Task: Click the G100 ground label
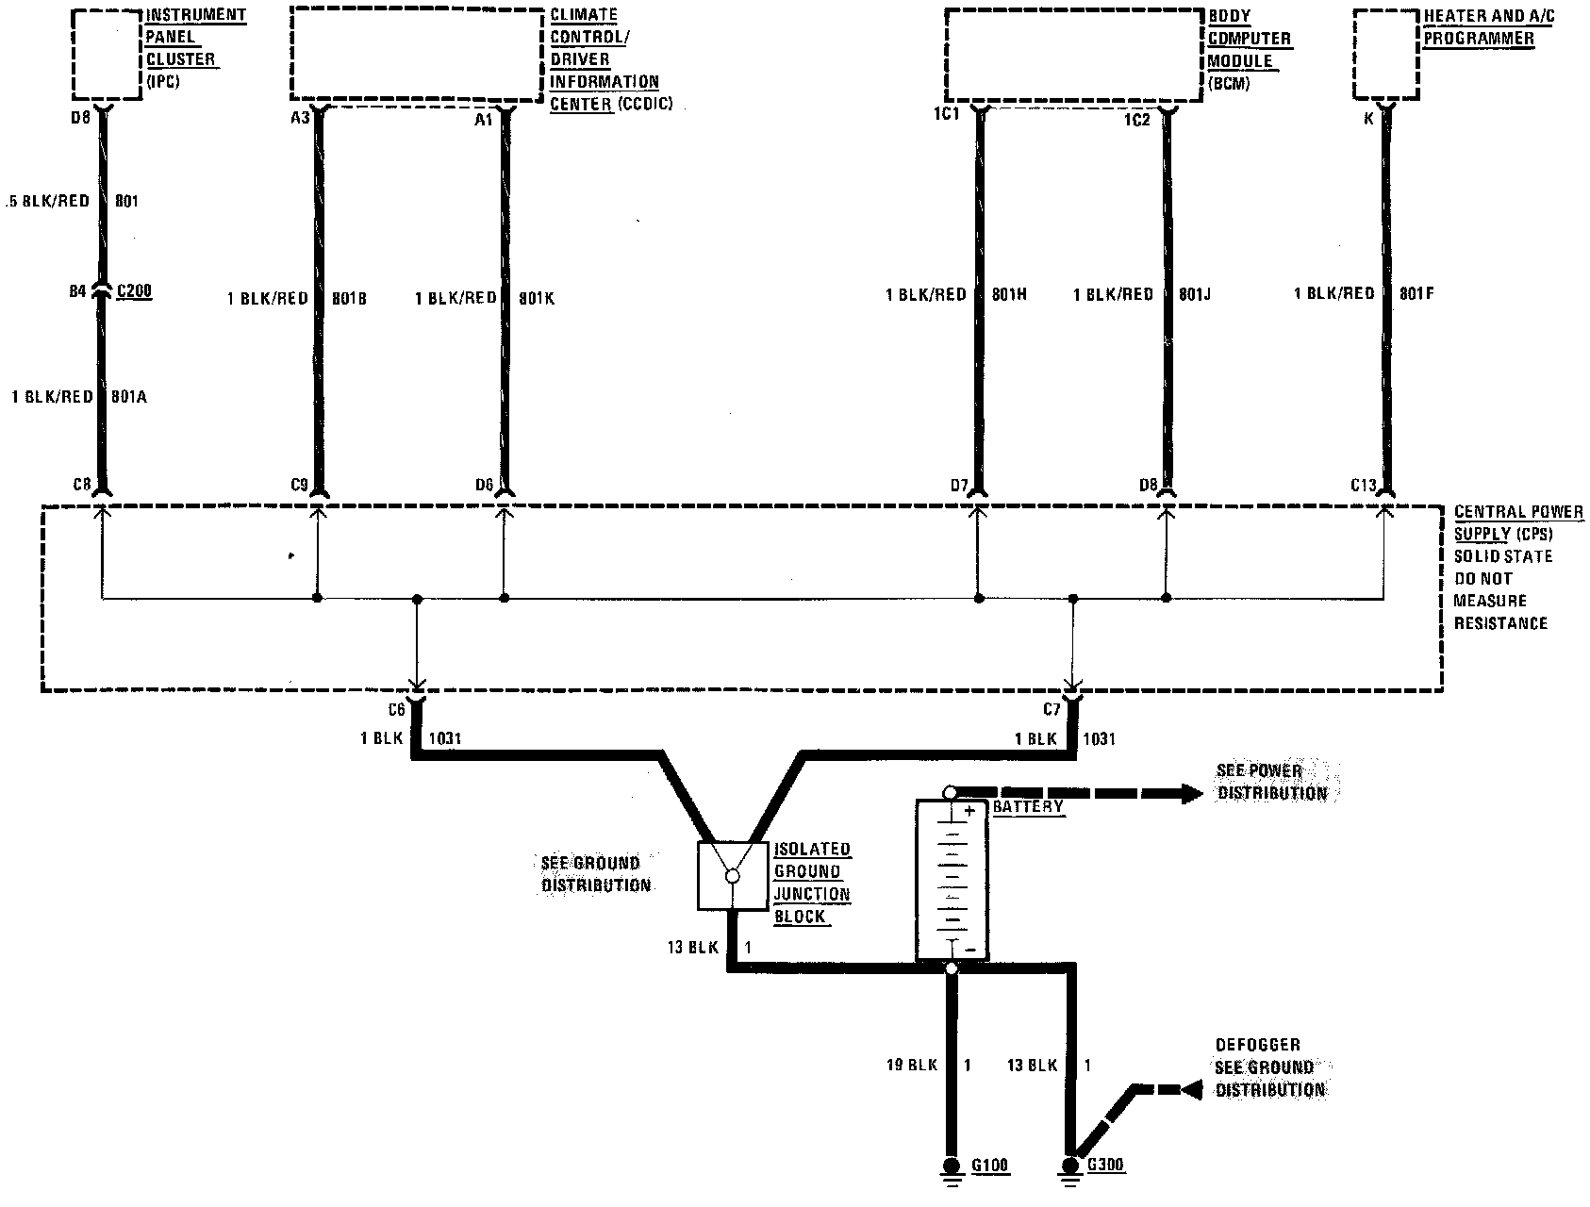(989, 1166)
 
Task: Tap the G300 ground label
(1105, 1166)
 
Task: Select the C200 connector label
(134, 291)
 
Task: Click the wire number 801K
(537, 298)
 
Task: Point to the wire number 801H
(1009, 294)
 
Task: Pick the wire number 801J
(1195, 294)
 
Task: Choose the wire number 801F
(1416, 294)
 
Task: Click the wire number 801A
(129, 397)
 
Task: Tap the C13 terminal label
(1364, 486)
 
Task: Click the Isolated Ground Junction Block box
(732, 876)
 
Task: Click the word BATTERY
(1028, 807)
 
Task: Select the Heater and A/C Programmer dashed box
(1385, 54)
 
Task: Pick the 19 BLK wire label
(911, 1065)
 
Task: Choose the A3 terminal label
(301, 119)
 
